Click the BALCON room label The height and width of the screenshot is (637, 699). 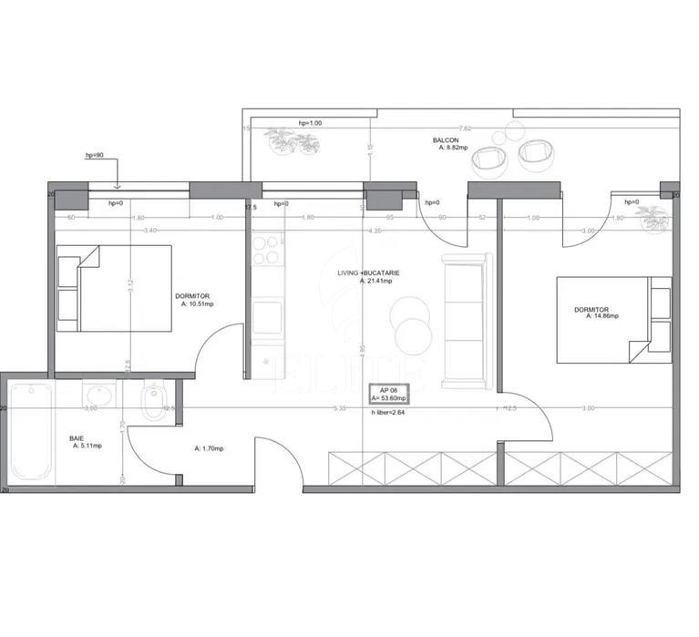445,140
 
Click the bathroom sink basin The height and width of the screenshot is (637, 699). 99,395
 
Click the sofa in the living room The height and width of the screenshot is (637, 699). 466,319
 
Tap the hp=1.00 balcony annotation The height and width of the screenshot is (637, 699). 311,123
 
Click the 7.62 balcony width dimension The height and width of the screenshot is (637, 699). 466,128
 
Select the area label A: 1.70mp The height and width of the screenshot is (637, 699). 210,448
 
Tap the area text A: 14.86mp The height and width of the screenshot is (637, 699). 601,316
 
